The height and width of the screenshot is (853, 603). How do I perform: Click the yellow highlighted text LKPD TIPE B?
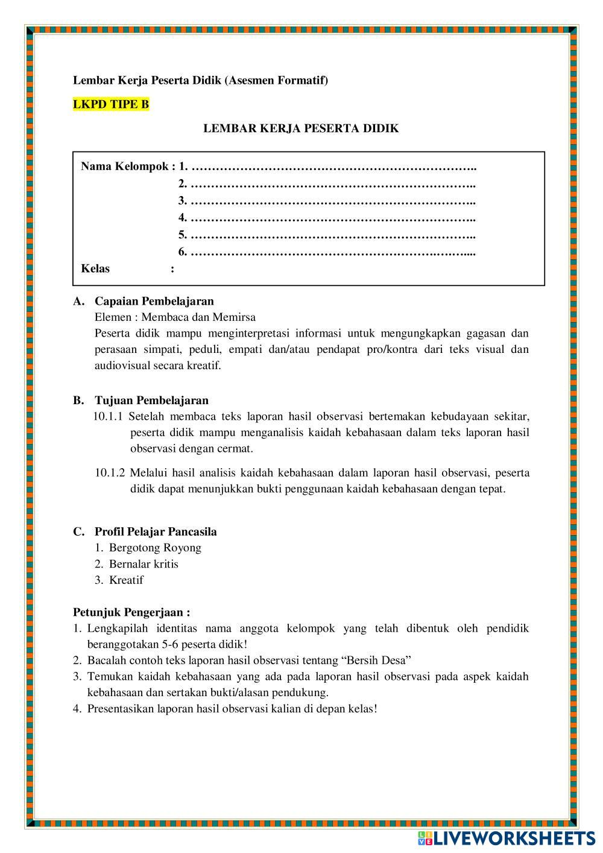(111, 104)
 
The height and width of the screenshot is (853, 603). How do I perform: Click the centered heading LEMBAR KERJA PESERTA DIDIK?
(301, 128)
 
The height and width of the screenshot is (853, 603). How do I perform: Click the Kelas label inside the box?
(95, 269)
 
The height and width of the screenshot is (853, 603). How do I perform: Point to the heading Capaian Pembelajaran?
(154, 301)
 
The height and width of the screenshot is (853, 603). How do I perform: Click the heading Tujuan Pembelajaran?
(151, 401)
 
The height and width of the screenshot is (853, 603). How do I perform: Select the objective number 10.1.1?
(109, 416)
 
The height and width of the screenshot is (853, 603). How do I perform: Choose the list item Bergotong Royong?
(155, 548)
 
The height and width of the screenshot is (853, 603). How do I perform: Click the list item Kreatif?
(126, 580)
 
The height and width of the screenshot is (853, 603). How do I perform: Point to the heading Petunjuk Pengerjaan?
(131, 612)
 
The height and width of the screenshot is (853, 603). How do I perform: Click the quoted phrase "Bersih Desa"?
(380, 660)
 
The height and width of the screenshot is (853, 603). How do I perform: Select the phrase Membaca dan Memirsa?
(198, 317)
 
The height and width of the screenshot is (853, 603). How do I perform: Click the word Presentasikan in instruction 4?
(121, 709)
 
